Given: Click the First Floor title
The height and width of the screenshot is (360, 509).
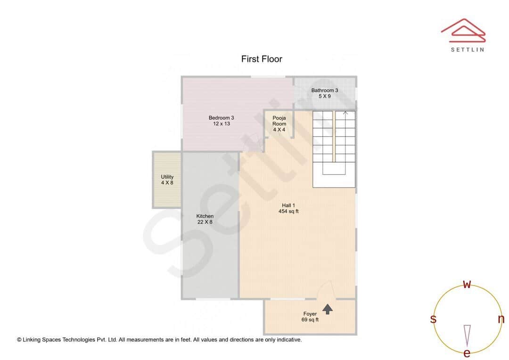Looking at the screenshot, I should pos(262,59).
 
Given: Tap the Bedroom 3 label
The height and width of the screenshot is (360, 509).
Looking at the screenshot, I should pos(221,118).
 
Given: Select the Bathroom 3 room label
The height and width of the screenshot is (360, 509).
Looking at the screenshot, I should pos(324,90).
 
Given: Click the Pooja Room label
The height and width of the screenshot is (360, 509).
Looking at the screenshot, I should pos(279,121).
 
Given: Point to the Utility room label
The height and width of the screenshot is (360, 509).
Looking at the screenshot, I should pos(167,177).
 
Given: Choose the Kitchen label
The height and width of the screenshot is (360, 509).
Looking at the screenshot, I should pos(205,216).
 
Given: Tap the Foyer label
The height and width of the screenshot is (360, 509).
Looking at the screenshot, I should pos(310,314).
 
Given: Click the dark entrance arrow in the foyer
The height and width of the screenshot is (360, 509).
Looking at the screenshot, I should pos(328,309).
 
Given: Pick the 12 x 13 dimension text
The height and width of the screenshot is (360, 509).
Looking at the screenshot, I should pos(221,124).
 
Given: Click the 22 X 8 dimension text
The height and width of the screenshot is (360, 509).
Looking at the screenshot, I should pos(205,222).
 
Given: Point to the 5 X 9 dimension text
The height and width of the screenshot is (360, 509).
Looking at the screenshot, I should pos(324,96).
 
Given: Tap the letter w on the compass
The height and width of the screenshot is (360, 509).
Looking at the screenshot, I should pos(467,284).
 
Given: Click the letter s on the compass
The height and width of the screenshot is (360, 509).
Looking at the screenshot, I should pos(433,319).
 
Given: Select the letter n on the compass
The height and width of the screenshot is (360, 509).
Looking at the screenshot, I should pos(501,319).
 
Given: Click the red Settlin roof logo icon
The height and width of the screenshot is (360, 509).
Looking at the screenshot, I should pos(463,30).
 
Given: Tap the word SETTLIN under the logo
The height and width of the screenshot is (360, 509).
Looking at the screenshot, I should pos(467,49).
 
